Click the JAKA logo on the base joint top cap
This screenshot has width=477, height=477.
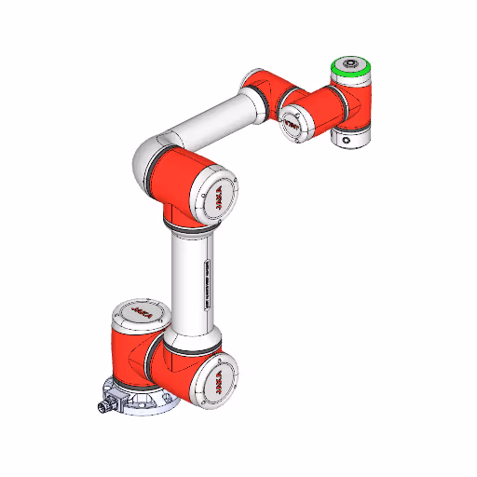(140, 309)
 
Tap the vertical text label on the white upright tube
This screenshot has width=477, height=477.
(204, 283)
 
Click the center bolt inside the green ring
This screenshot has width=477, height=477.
(351, 64)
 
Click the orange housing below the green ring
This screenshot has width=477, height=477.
(354, 98)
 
